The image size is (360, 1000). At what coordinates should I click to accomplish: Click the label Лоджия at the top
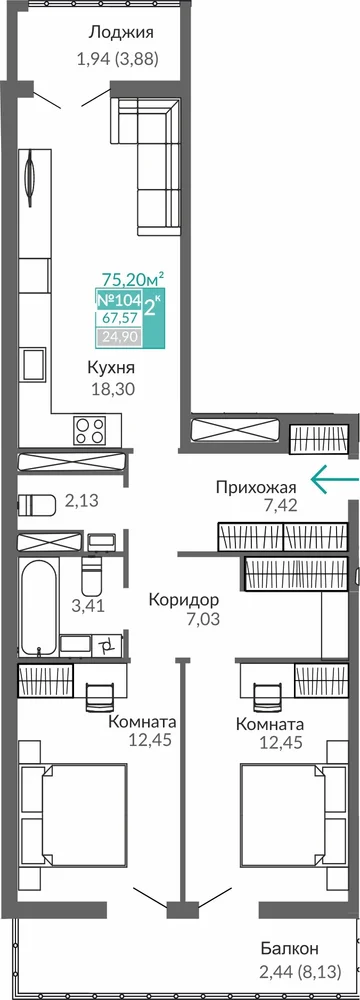click(x=121, y=33)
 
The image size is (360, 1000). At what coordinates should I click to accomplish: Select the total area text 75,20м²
click(x=133, y=279)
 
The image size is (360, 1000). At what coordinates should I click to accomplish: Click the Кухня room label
click(x=112, y=369)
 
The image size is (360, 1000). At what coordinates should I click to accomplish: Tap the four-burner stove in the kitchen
click(x=89, y=430)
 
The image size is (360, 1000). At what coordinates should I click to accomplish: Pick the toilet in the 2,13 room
click(x=34, y=504)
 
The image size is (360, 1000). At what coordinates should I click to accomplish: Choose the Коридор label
click(x=184, y=599)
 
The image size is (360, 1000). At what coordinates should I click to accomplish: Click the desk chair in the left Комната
click(x=98, y=695)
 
